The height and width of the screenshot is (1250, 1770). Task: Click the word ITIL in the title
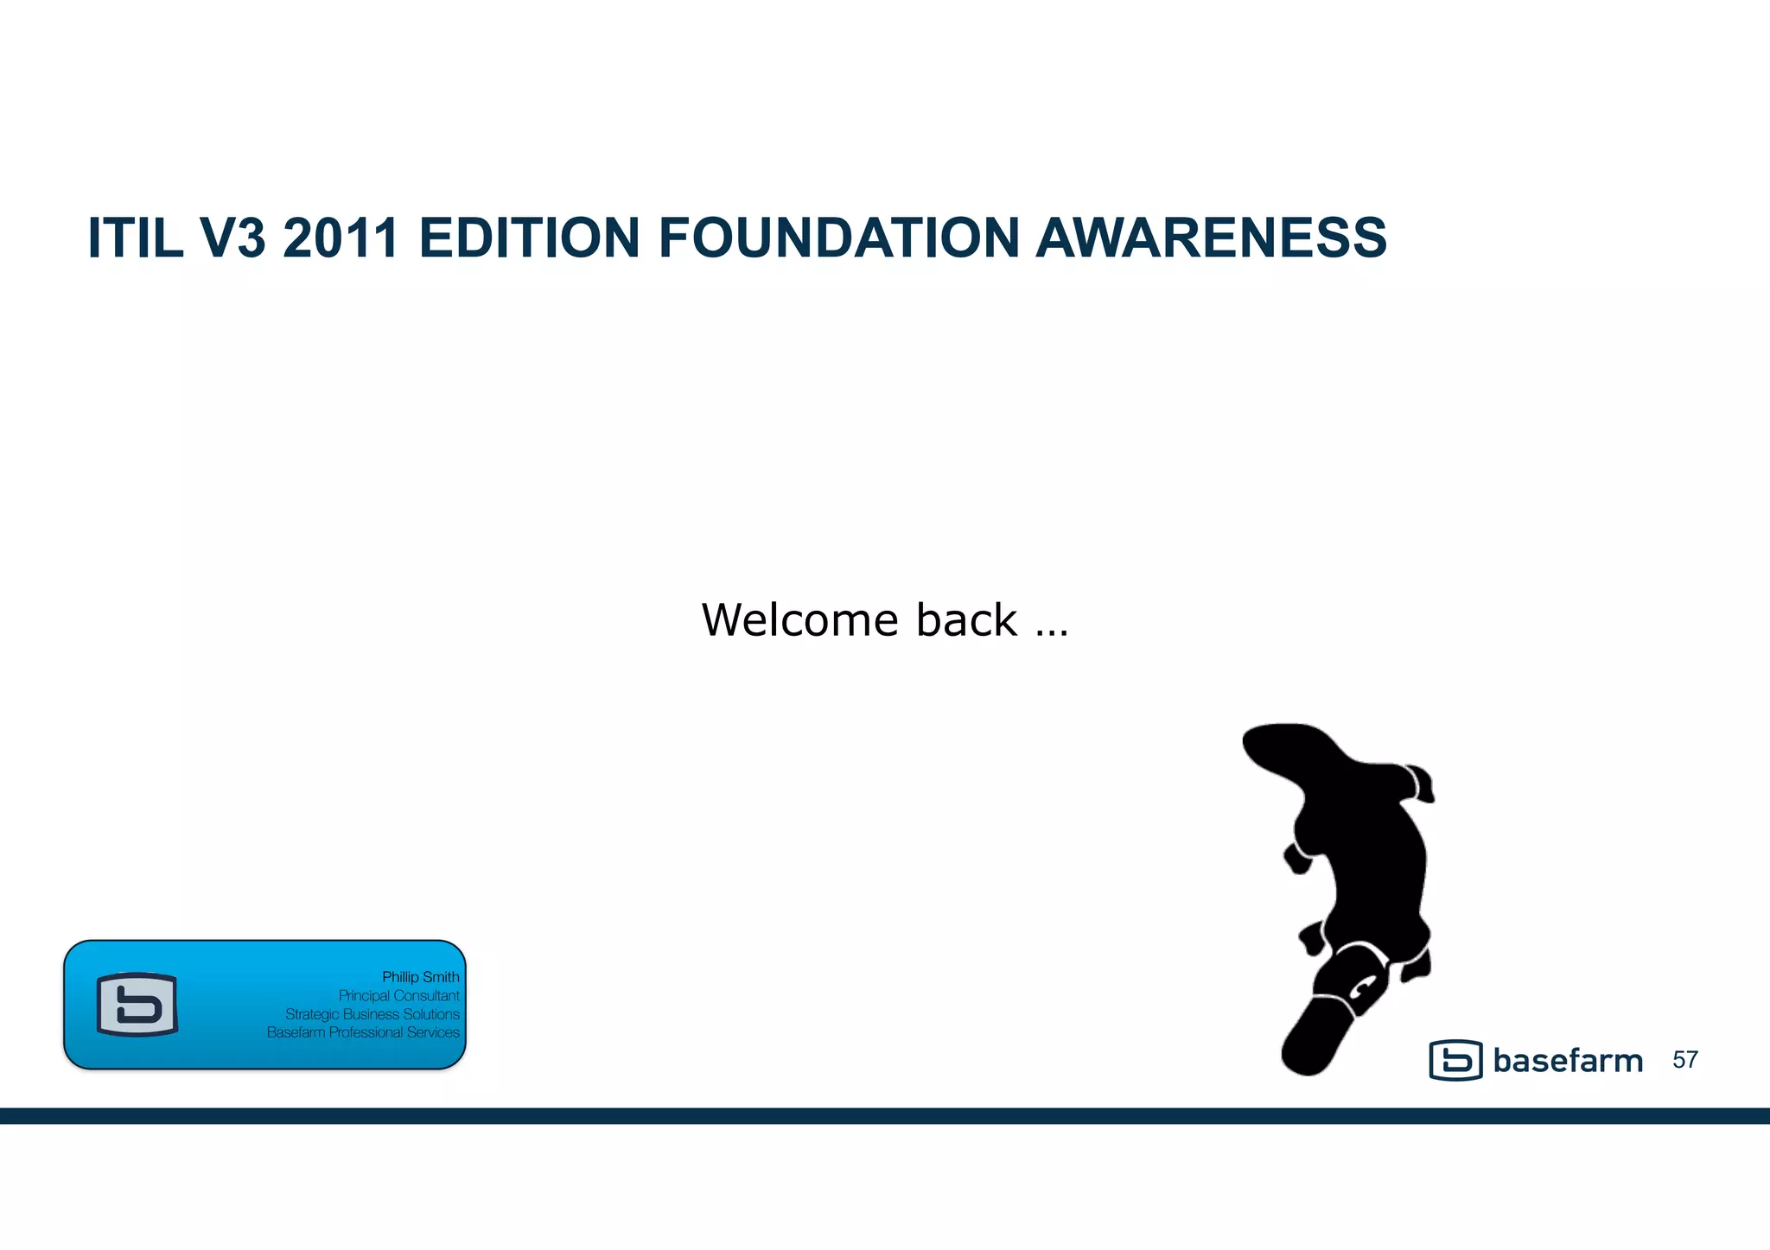[135, 238]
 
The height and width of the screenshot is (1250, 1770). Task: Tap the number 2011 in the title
[341, 238]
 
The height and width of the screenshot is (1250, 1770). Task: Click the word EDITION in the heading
[529, 238]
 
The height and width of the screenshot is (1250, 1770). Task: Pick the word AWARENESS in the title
[1211, 238]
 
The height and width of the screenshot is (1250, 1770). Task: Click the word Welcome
[800, 620]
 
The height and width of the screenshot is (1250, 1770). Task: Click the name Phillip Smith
[420, 977]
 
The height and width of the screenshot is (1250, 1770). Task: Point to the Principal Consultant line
[398, 995]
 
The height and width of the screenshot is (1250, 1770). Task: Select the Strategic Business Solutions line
[372, 1014]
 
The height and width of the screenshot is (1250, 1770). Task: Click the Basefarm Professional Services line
[363, 1032]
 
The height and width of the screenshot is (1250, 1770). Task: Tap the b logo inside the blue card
[137, 1005]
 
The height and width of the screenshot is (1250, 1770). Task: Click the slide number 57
[1685, 1060]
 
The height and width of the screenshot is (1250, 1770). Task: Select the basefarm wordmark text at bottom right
[1568, 1061]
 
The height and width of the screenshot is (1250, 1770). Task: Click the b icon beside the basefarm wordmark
[1455, 1060]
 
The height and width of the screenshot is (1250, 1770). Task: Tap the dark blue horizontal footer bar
[885, 1115]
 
